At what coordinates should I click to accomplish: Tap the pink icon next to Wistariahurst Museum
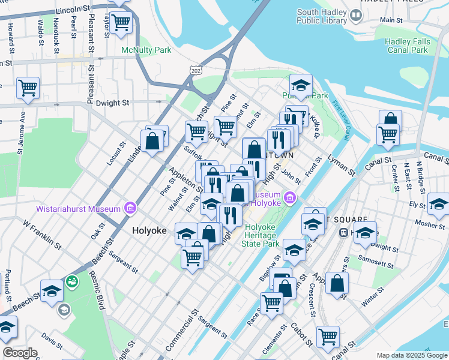click(129, 209)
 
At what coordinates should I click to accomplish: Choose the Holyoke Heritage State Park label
click(260, 235)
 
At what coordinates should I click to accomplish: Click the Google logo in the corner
click(20, 353)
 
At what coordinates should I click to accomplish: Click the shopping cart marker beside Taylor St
click(121, 23)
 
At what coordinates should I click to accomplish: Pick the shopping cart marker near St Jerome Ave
click(28, 88)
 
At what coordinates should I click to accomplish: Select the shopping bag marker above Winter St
click(337, 283)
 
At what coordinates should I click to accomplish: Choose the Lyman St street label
click(340, 164)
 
